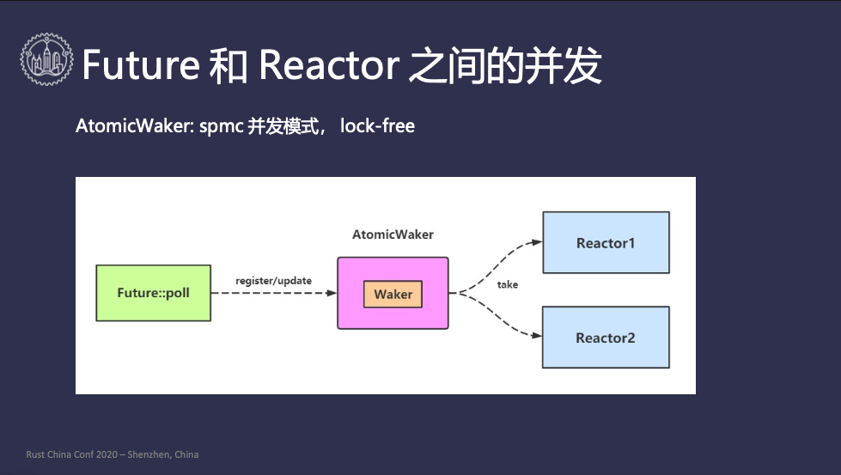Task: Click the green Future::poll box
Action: point(154,293)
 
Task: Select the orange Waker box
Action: point(393,294)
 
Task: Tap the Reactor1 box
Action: point(606,242)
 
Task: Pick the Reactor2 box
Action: point(606,338)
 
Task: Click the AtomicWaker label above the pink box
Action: point(393,234)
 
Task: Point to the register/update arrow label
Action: point(273,281)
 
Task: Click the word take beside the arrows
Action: point(508,284)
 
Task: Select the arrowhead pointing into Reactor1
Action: point(537,242)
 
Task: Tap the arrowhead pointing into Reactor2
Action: point(537,336)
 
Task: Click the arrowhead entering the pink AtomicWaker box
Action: point(332,293)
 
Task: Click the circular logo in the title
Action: point(46,59)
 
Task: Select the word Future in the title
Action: point(141,65)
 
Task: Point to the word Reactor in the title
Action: point(329,65)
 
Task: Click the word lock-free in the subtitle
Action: point(377,126)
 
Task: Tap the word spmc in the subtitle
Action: point(221,126)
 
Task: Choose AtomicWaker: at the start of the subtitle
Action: point(135,126)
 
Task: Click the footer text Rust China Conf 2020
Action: point(72,454)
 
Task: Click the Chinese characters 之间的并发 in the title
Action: point(505,65)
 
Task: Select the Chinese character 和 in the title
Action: point(228,65)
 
